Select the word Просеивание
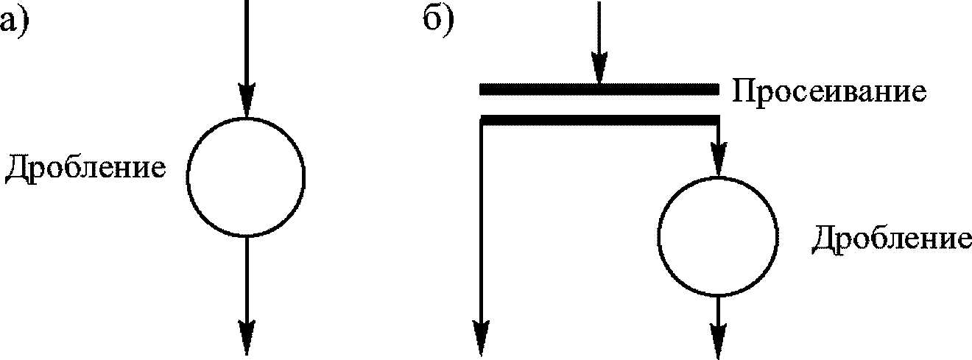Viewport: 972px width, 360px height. [828, 93]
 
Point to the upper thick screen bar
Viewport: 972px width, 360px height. [598, 89]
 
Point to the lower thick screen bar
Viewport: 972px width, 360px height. [598, 119]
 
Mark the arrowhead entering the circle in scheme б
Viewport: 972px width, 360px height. [718, 162]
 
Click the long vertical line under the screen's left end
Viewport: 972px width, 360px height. [482, 221]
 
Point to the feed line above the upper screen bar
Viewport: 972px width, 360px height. [598, 29]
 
